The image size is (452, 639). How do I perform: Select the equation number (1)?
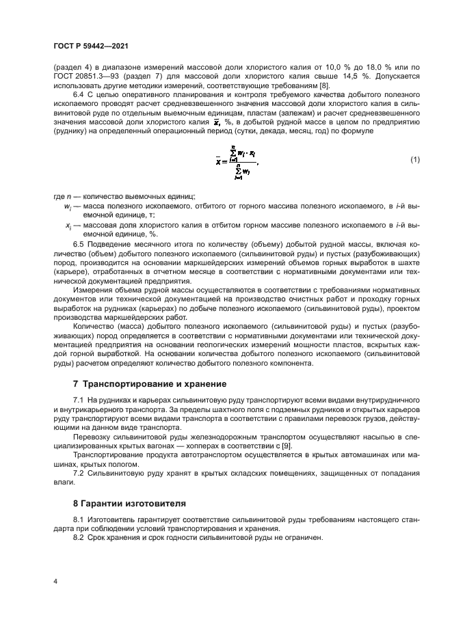tap(415, 160)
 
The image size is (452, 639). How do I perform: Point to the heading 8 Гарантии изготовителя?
tap(129, 503)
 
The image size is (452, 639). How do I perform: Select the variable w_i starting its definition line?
tap(67, 206)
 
